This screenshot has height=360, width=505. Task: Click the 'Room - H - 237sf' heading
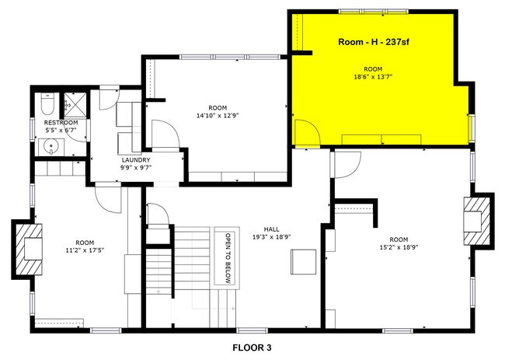coord(378,42)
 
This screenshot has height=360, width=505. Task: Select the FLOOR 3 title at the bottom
coord(252,348)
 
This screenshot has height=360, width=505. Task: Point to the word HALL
coord(271,229)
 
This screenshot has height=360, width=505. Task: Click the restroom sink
coord(45,145)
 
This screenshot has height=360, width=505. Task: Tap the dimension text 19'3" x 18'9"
coord(271,238)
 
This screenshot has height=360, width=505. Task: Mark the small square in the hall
coord(303,262)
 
